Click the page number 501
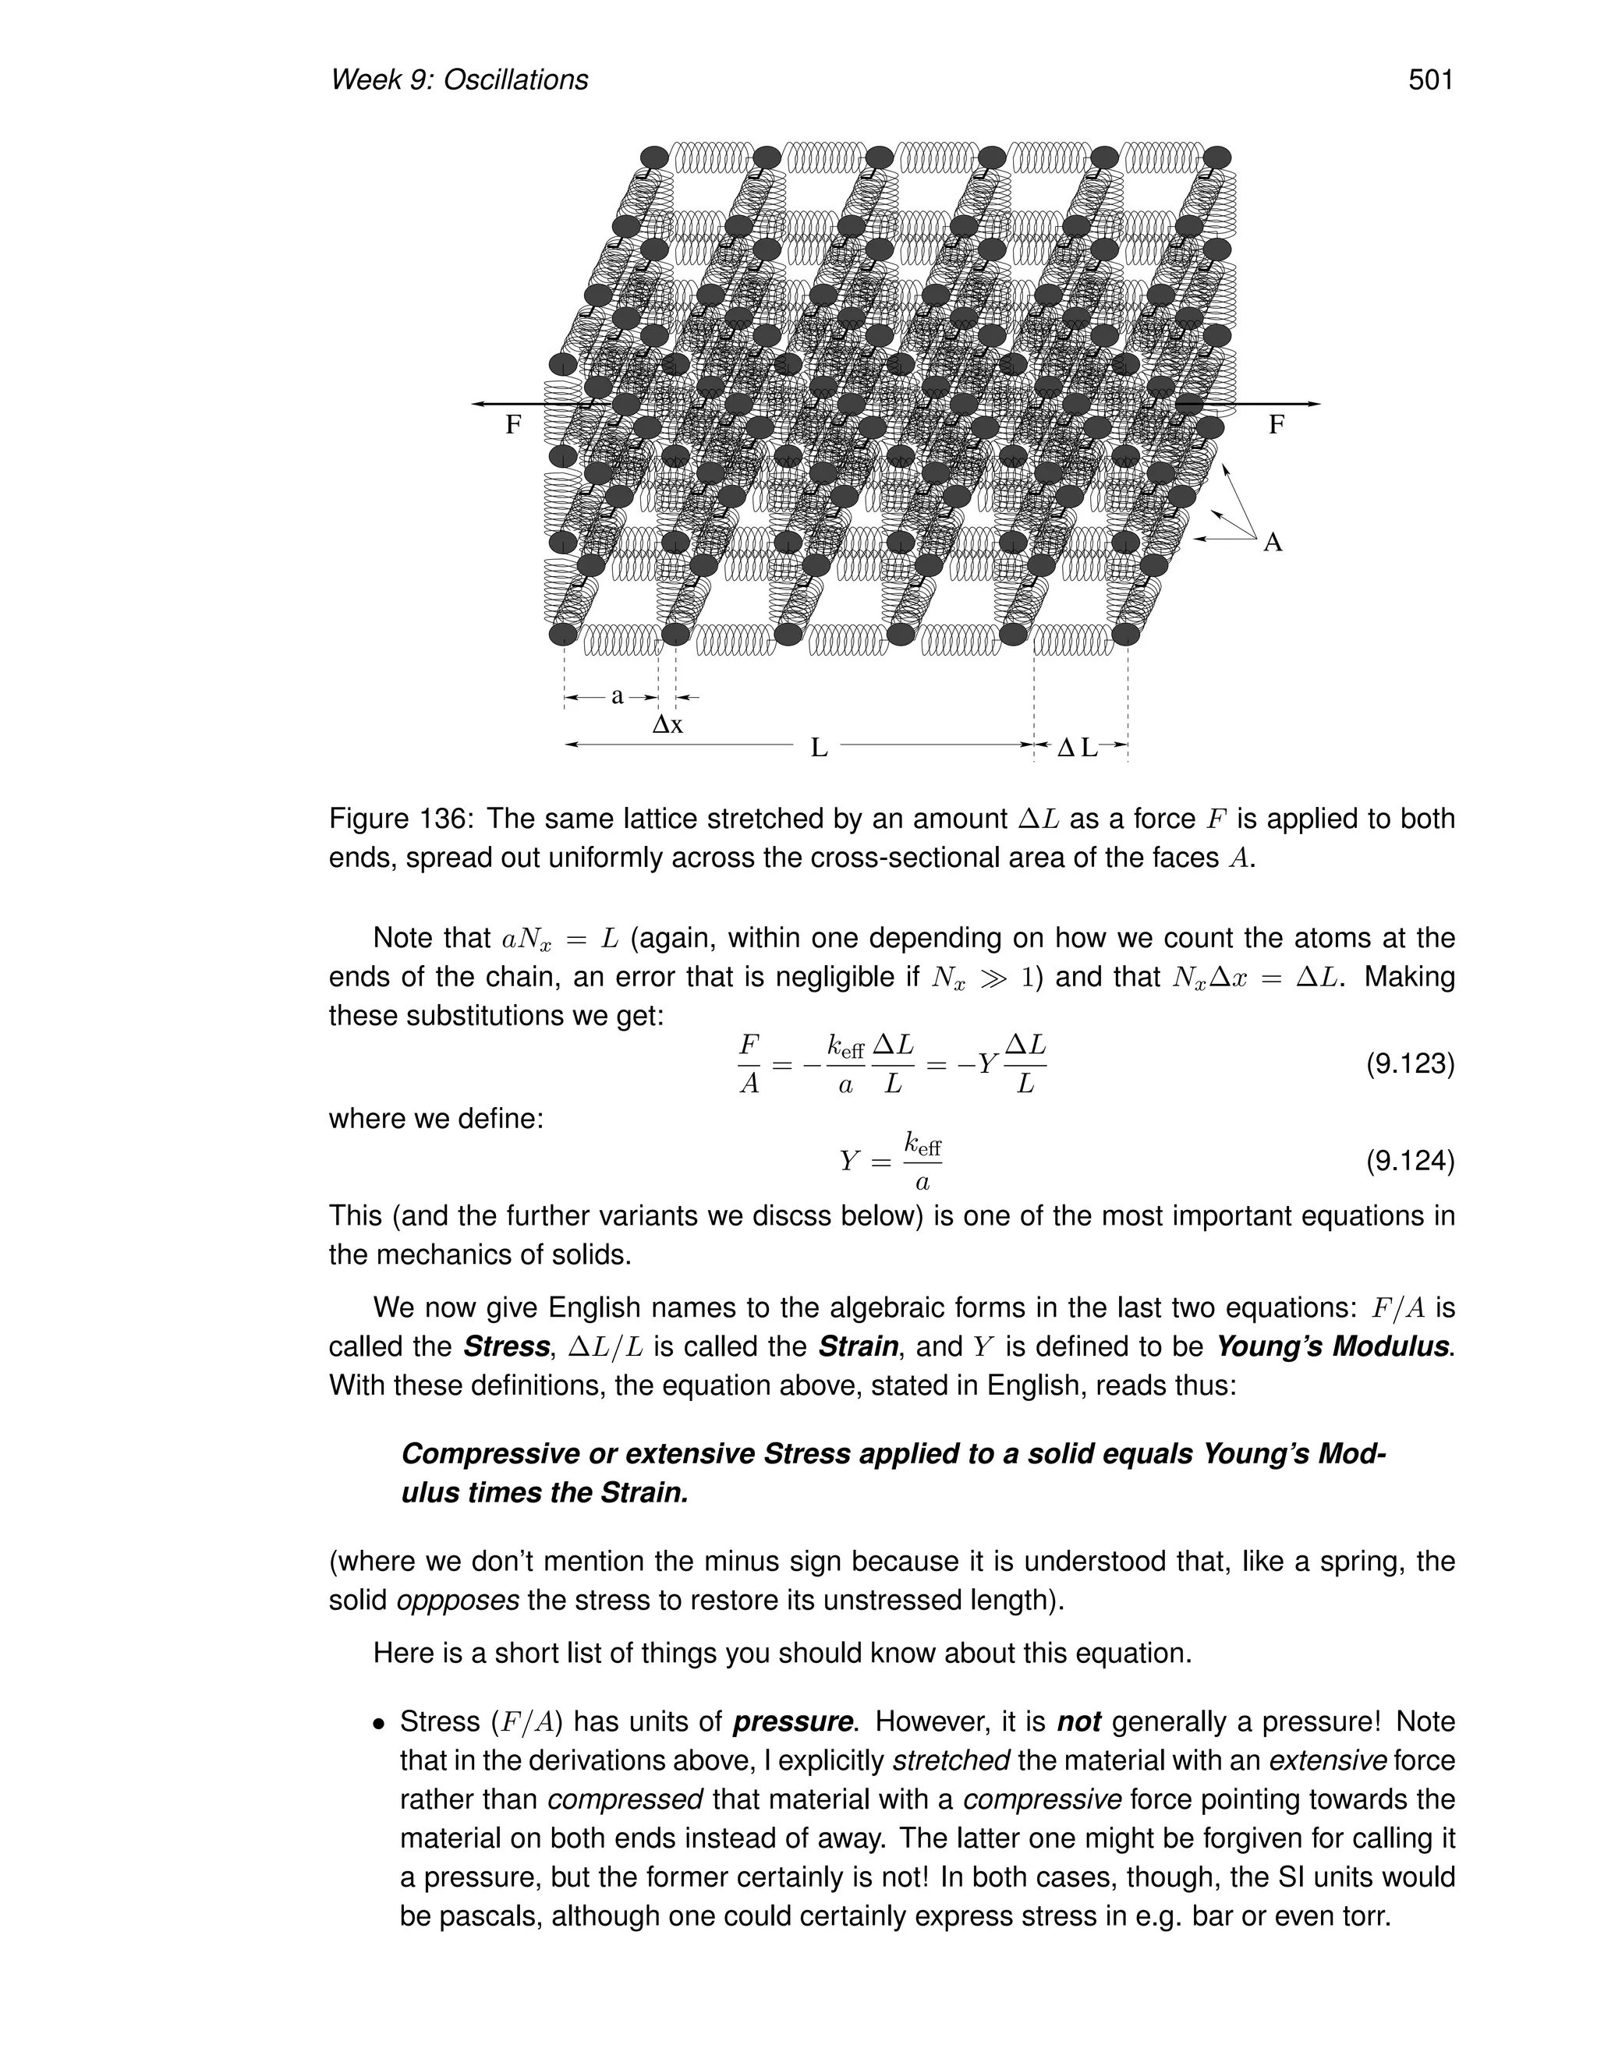tap(1429, 80)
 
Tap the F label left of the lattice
tap(513, 425)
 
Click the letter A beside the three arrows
tap(1273, 543)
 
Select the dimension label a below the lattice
tap(617, 696)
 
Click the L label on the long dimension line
tap(820, 748)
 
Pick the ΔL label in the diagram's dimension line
tap(1077, 748)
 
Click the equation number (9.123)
tap(1409, 1064)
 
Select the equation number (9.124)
tap(1409, 1160)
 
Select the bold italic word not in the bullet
tap(1078, 1721)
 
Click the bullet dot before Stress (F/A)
tap(380, 1725)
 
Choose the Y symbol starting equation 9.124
tap(850, 1161)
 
